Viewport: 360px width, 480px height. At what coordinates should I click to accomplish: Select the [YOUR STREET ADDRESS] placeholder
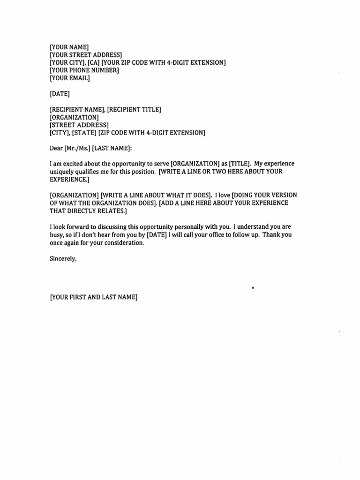86,55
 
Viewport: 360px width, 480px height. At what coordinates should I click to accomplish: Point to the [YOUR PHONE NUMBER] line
84,70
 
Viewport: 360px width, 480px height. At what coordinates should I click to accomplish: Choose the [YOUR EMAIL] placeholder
70,78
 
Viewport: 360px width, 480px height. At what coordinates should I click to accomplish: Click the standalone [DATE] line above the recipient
60,94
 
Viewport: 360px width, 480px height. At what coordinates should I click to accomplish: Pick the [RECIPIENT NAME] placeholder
76,109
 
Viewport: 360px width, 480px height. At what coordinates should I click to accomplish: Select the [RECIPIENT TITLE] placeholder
134,109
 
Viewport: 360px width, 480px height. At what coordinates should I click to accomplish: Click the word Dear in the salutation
56,148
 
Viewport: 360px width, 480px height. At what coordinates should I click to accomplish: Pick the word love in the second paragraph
223,195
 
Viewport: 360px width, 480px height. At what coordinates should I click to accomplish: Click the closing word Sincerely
63,258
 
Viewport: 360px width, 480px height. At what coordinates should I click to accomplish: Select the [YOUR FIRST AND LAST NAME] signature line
94,297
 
